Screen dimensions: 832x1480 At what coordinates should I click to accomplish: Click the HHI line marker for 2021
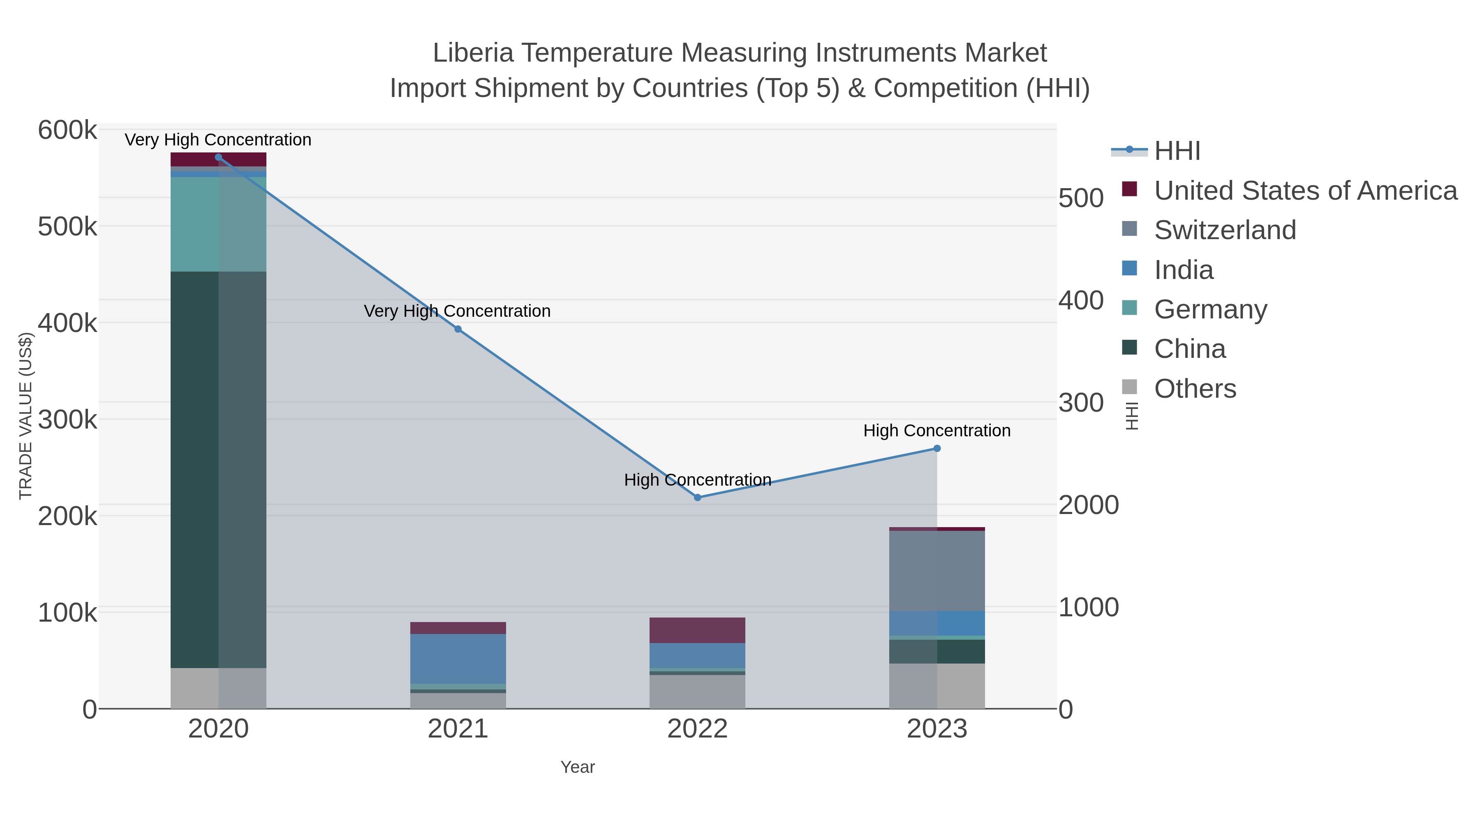point(458,329)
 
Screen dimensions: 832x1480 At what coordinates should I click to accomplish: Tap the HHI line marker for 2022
point(698,497)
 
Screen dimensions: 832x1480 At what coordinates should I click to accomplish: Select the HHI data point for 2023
point(937,448)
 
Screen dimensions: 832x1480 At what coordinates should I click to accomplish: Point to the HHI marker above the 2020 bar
point(218,157)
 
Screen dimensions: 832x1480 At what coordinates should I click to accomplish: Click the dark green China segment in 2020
point(218,469)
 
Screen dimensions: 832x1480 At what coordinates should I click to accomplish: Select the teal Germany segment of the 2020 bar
point(218,224)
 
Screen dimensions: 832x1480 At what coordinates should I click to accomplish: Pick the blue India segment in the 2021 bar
point(458,659)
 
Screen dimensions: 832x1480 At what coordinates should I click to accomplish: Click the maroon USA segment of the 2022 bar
point(698,630)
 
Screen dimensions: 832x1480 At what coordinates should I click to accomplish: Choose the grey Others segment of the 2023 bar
point(937,686)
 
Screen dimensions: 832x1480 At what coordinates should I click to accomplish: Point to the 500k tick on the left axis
point(67,227)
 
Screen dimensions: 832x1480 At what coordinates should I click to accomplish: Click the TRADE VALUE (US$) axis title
point(26,416)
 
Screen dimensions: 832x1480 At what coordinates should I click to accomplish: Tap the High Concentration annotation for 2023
point(937,430)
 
